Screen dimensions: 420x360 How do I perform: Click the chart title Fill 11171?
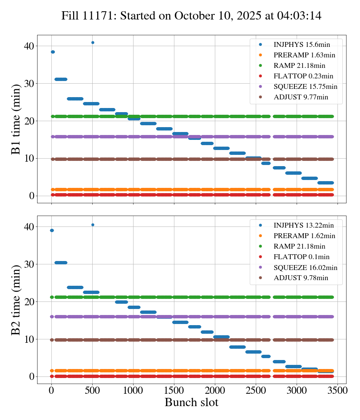[191, 16]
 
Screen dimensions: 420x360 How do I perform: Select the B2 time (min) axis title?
[16, 300]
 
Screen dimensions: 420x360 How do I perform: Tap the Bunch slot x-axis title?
[191, 403]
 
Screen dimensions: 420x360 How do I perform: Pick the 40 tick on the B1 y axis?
[29, 46]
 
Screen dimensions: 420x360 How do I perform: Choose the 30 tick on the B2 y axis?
[29, 264]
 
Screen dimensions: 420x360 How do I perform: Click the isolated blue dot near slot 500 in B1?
[93, 42]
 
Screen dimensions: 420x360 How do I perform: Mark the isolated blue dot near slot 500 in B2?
[93, 225]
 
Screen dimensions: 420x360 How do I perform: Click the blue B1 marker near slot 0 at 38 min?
[53, 52]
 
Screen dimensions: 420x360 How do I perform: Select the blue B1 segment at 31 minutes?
[61, 79]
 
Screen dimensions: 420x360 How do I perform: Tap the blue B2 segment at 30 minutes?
[61, 262]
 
